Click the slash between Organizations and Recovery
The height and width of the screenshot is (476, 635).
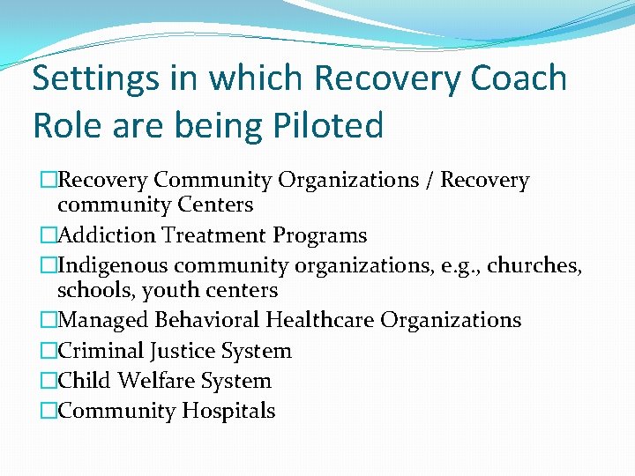pyautogui.click(x=429, y=181)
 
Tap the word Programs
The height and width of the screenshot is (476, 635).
pyautogui.click(x=319, y=236)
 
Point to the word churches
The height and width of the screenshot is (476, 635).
pyautogui.click(x=535, y=265)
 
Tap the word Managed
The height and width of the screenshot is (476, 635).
pyautogui.click(x=100, y=321)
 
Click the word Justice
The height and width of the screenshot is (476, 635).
pyautogui.click(x=181, y=351)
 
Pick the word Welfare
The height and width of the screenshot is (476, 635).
pyautogui.click(x=155, y=381)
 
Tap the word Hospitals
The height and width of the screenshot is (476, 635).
pyautogui.click(x=229, y=412)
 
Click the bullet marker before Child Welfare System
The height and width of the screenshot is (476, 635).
pyautogui.click(x=49, y=381)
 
